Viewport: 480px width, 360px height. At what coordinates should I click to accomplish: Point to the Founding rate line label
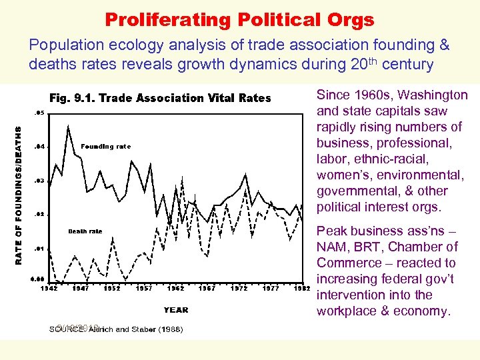pos(105,147)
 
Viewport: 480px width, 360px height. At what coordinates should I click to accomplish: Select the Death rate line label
pos(85,231)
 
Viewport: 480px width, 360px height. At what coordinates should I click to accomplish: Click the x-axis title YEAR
pos(176,309)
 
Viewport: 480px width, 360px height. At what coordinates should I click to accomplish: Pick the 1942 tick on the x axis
pos(49,289)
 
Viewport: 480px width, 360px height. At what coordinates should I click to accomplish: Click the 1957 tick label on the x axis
pos(144,289)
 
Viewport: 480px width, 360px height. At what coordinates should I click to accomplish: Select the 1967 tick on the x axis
pos(207,289)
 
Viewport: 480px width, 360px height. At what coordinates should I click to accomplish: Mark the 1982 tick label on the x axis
pos(303,289)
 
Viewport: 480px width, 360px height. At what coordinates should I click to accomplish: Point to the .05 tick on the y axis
pos(40,113)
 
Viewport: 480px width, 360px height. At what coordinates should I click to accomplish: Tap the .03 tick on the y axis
pos(40,181)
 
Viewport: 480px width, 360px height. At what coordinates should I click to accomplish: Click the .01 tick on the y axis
pos(40,248)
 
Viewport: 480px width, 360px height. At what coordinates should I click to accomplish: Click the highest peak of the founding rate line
pos(68,126)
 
